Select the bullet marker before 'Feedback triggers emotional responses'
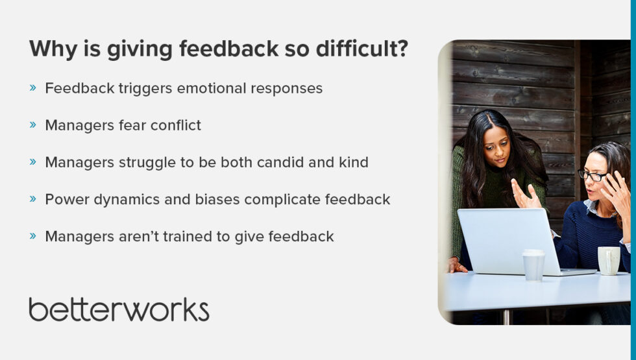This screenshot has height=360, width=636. coord(33,88)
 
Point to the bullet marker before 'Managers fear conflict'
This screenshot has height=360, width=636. coord(33,125)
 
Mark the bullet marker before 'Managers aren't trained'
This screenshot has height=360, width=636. coord(33,236)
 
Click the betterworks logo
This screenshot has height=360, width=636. coord(119,309)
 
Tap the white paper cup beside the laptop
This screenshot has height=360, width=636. coord(533,265)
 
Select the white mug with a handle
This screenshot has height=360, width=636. coord(609,260)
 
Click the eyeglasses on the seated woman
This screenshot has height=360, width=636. coord(593,175)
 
